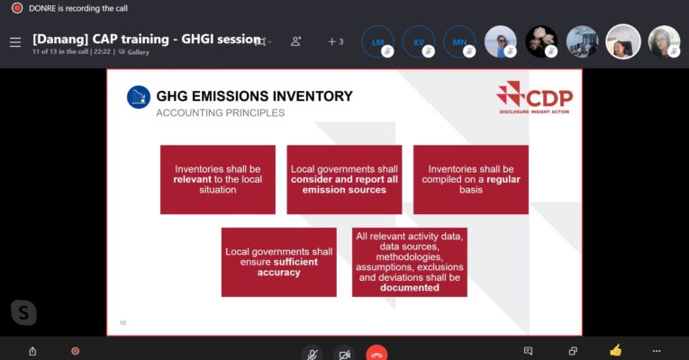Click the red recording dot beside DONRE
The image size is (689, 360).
pos(16,7)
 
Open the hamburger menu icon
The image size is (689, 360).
pos(15,42)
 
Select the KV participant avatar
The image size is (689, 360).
pos(419,41)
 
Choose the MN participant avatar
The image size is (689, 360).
pos(459,41)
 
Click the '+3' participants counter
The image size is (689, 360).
pos(335,41)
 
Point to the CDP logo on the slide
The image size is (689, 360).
pos(534,97)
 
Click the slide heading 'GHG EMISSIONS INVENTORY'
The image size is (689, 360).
pos(254,96)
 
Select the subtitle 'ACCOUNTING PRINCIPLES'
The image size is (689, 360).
pos(220,113)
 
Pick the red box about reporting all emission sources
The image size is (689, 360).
pos(344,179)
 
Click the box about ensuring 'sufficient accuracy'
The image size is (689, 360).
pos(278,262)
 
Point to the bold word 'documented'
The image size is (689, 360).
pos(409,288)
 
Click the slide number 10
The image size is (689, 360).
pos(123,322)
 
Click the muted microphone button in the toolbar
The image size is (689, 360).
pos(312,353)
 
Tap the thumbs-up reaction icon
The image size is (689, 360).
pos(615,350)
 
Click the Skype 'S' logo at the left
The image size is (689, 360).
pos(24,311)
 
